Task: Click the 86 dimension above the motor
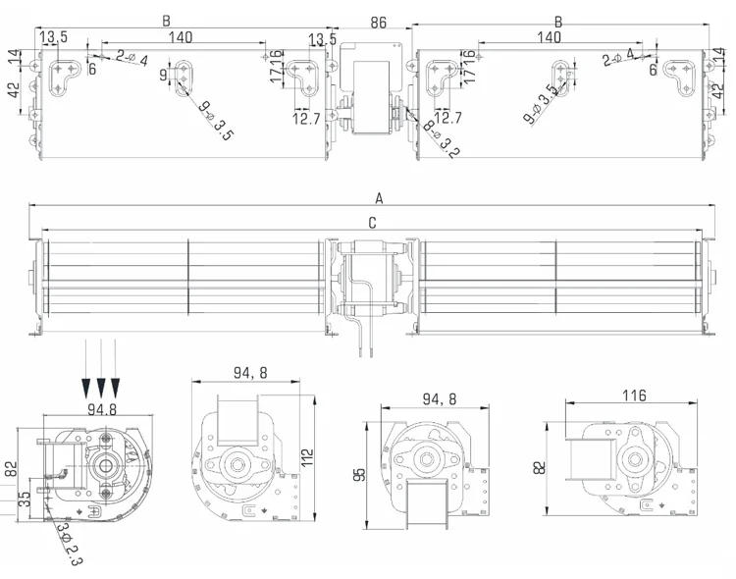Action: click(377, 22)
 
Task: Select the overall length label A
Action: click(378, 196)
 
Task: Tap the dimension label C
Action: click(372, 223)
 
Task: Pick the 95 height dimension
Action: click(361, 473)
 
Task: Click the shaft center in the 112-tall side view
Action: click(237, 461)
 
